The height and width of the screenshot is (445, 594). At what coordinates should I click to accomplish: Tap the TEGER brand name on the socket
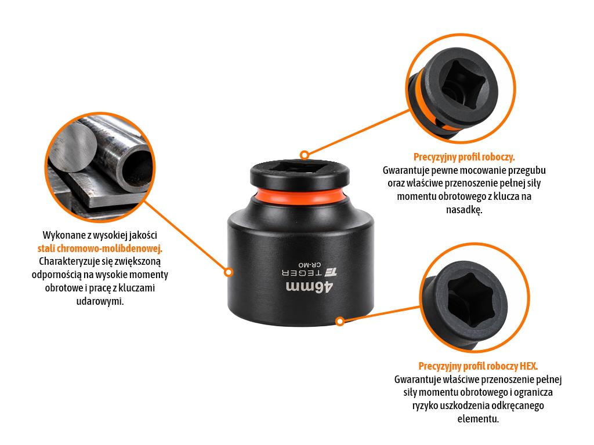302,272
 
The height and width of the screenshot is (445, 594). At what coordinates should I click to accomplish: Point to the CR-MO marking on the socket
310,264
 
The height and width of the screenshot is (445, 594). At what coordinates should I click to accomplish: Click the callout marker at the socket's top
304,155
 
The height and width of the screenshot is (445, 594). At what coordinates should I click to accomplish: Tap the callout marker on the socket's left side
228,272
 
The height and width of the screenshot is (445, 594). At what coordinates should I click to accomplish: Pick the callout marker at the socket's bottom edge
340,321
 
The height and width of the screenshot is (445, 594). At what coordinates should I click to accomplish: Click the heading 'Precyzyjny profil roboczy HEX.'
478,366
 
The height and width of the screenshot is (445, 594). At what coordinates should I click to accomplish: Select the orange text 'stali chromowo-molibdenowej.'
100,248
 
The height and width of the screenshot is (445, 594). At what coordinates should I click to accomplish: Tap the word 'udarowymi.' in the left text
100,301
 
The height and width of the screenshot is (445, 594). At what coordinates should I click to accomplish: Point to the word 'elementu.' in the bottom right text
478,419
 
